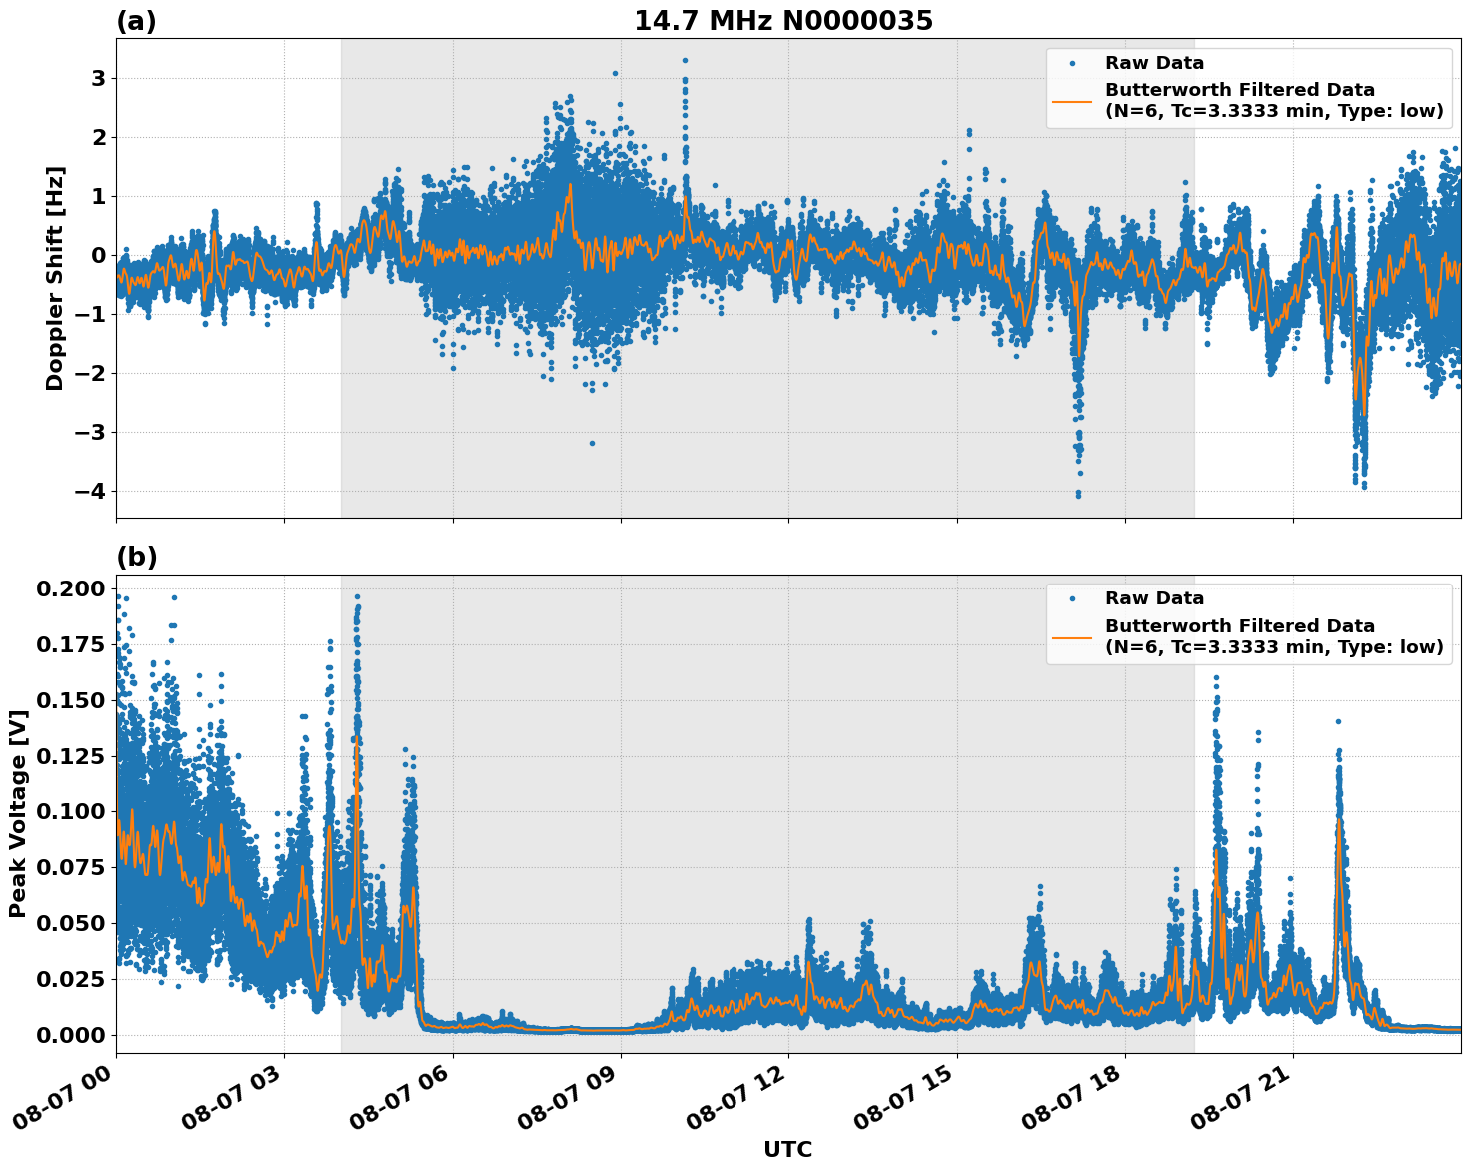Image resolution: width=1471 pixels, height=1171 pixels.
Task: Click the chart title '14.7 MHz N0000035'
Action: click(782, 21)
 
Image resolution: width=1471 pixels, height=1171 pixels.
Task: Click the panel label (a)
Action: click(136, 21)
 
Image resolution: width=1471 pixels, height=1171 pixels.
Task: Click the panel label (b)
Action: click(136, 557)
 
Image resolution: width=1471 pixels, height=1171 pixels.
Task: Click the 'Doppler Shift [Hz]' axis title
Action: click(55, 278)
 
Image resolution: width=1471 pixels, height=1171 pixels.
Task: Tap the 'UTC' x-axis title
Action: click(787, 1149)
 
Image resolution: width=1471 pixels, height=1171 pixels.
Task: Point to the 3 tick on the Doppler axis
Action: click(98, 78)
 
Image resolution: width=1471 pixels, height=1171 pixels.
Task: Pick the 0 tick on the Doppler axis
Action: click(98, 255)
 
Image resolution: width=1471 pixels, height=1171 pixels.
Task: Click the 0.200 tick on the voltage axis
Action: click(70, 588)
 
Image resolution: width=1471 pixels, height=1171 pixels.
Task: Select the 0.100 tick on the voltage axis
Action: click(70, 811)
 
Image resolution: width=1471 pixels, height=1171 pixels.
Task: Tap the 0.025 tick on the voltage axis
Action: click(70, 979)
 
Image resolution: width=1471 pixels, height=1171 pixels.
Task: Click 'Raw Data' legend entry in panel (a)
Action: click(1154, 63)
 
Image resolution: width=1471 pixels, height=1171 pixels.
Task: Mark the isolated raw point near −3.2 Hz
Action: click(592, 443)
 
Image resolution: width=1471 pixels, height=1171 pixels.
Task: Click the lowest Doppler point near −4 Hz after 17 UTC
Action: click(1078, 495)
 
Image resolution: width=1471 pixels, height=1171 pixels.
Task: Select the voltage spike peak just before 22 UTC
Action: click(1338, 721)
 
